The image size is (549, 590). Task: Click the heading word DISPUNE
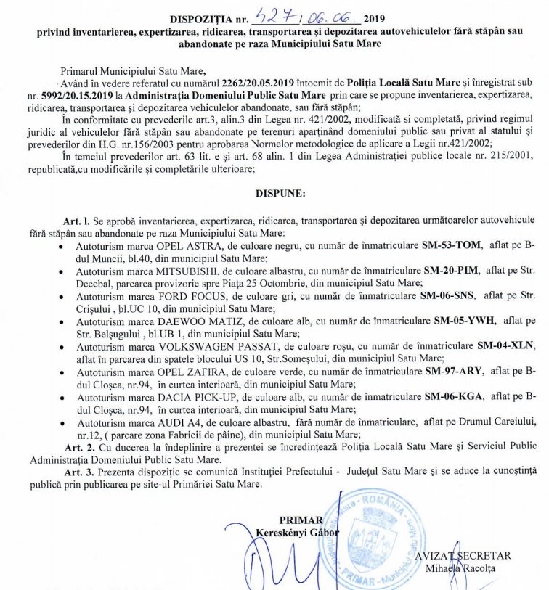[x=281, y=194]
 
